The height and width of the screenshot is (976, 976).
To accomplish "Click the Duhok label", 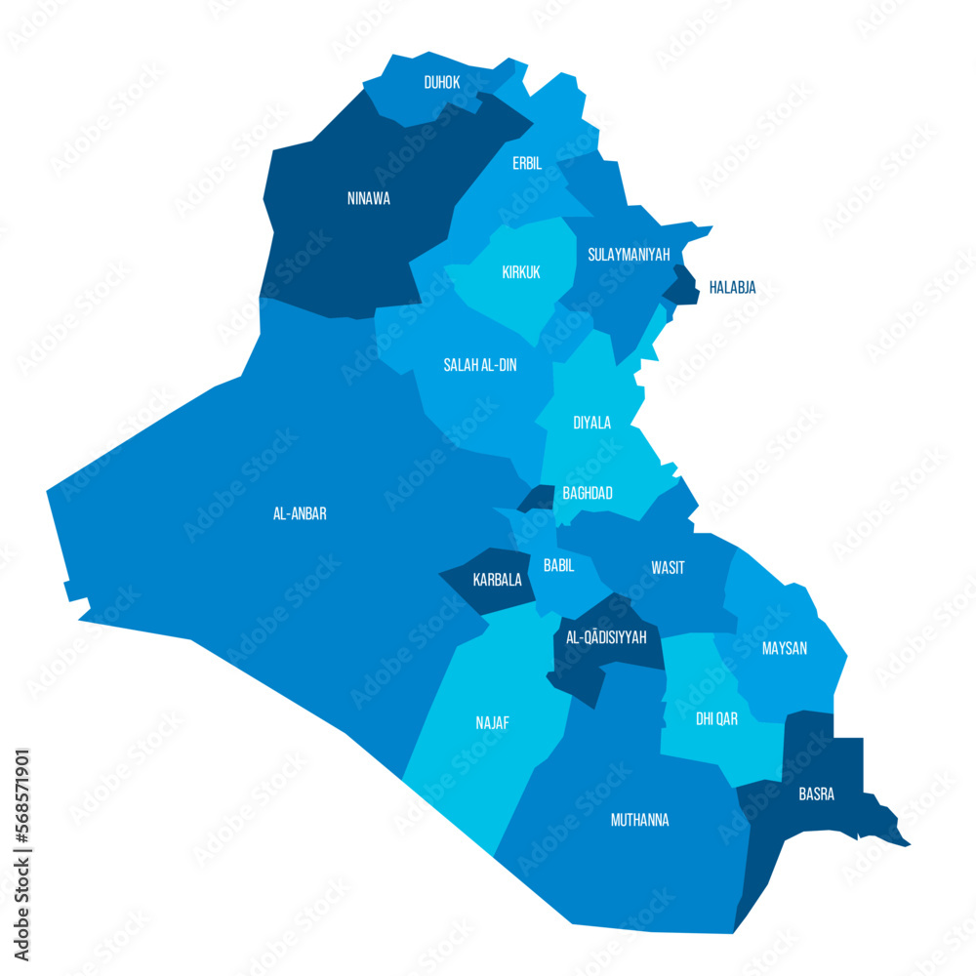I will point(442,83).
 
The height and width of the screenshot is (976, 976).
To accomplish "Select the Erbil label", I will point(527,163).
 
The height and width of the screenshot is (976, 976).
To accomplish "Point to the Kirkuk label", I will point(521,272).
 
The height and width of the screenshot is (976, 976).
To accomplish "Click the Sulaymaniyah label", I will point(629,255).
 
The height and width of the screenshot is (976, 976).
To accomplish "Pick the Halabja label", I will point(732,287).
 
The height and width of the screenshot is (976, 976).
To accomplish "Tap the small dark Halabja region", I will point(682,286).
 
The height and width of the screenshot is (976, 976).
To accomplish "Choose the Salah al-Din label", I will point(480,365).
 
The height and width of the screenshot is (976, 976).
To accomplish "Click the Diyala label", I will point(591,423).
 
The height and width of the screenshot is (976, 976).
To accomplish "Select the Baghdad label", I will point(588,493).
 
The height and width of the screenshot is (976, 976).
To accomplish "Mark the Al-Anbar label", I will point(300,513).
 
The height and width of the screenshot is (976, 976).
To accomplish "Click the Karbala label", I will point(497,579).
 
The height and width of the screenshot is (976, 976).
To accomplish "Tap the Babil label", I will point(558,565).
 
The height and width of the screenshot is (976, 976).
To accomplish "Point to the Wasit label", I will point(668,567).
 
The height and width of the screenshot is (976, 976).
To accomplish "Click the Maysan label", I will point(785,648).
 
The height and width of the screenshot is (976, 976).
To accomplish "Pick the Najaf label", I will point(492,723).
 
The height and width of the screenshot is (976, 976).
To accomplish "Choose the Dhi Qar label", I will point(716,718).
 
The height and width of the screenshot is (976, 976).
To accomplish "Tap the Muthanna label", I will point(639,820).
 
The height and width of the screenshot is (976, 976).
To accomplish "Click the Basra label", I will point(816,793).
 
